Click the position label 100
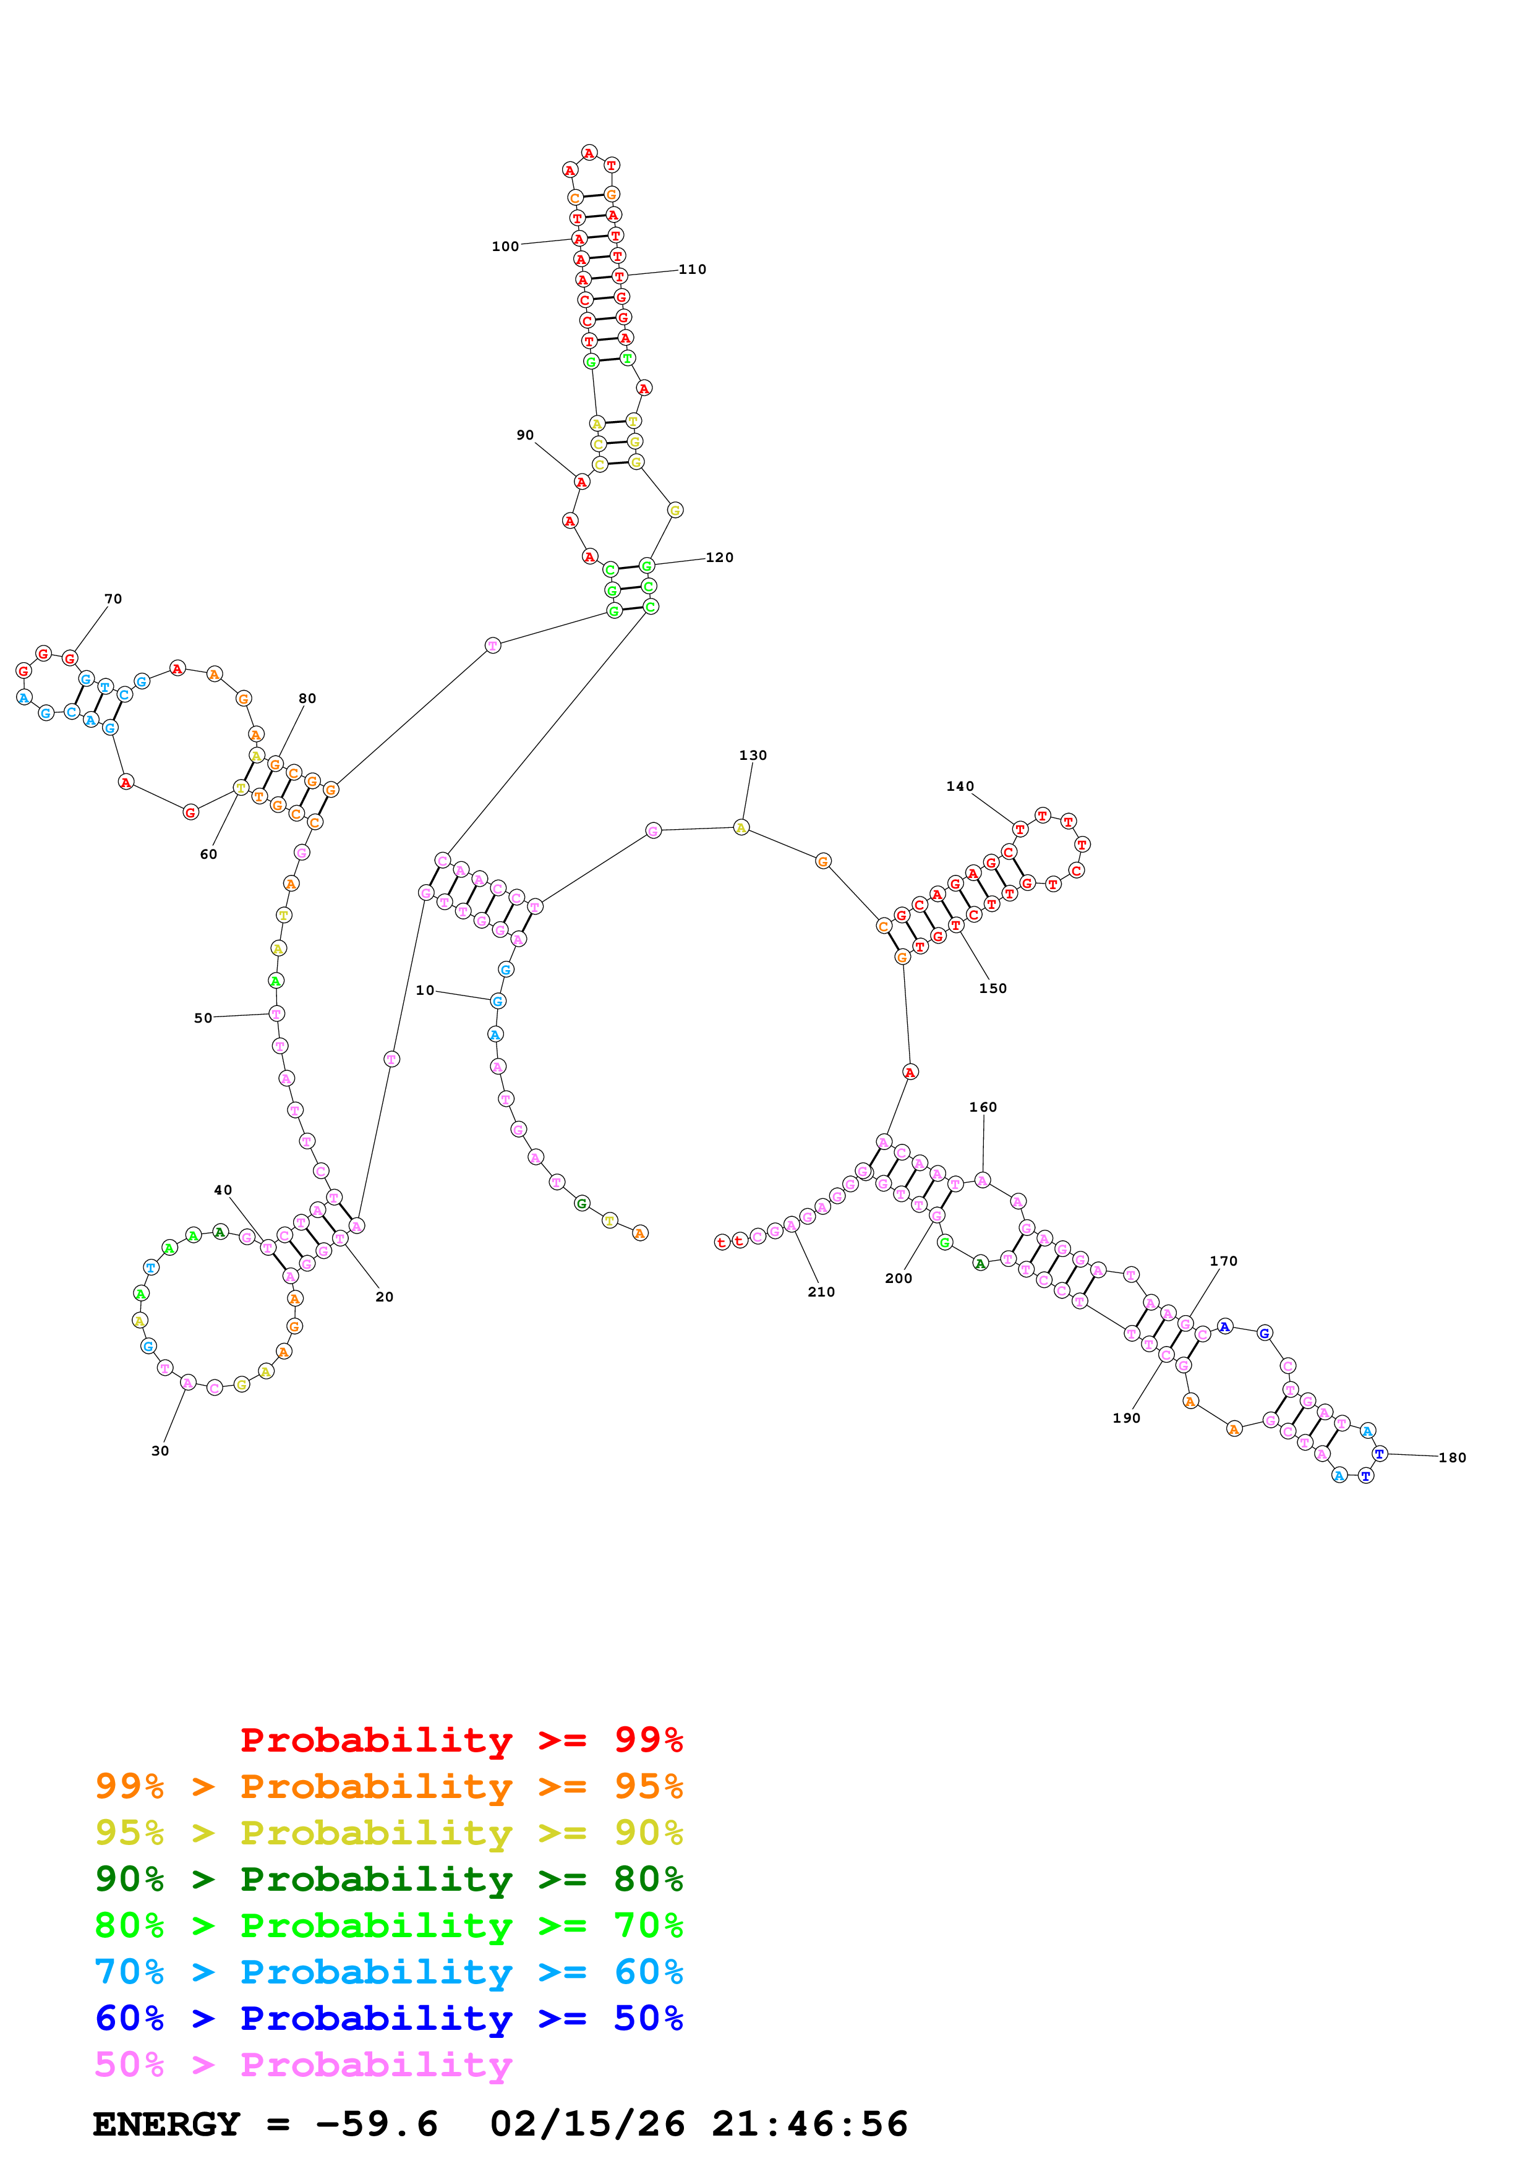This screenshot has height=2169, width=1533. (505, 247)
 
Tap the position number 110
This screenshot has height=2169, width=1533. (693, 269)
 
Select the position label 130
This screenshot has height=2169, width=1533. (753, 755)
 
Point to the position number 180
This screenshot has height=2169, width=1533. (1452, 1458)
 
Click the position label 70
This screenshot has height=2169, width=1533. (113, 599)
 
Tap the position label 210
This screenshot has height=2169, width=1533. (821, 1292)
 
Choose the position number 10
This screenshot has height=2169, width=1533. (425, 990)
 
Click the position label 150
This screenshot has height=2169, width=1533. (993, 988)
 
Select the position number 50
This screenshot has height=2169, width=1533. (203, 1018)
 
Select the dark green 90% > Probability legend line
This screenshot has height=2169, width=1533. (388, 1879)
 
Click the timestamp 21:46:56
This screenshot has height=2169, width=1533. (809, 2124)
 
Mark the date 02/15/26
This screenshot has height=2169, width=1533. (587, 2124)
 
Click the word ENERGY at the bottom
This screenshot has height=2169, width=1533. (166, 2124)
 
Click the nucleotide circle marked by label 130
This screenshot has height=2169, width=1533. (741, 827)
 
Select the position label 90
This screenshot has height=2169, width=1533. (525, 435)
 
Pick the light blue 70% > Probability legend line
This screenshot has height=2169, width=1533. (388, 1972)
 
